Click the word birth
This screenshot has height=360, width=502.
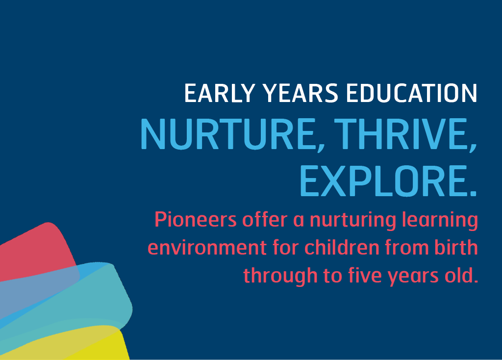[x=457, y=248]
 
